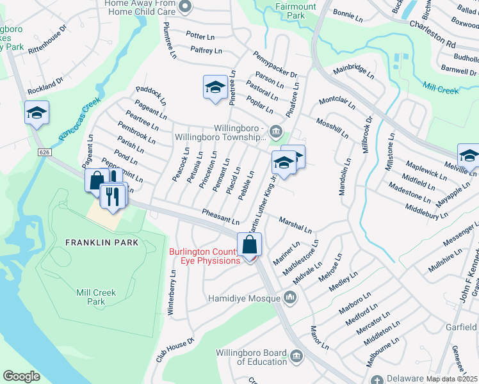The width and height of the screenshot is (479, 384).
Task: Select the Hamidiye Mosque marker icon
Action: [291, 297]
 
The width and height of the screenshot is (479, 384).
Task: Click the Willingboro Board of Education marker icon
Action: [296, 356]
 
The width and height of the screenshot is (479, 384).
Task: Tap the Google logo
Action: [21, 376]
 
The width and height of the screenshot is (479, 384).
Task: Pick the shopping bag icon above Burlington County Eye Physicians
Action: [250, 244]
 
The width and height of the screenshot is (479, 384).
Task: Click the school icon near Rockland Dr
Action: [37, 113]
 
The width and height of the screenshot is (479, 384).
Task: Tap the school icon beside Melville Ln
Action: [469, 156]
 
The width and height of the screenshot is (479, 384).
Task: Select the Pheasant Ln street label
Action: [220, 216]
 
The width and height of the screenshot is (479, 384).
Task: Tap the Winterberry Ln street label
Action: [172, 291]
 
